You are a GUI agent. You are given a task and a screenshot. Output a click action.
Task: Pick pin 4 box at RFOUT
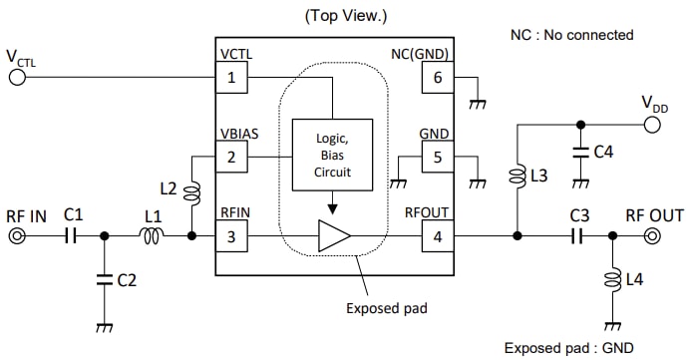pos(436,236)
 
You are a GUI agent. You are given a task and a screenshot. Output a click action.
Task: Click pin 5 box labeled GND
pos(436,157)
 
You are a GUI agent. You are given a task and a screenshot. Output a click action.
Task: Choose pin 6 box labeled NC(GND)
pos(436,77)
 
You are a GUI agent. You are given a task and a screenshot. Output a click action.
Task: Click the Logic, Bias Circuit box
pos(333,155)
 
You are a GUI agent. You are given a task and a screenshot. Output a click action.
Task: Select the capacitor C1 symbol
pos(70,236)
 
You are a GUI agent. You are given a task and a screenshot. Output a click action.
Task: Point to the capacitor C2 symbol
pos(104,280)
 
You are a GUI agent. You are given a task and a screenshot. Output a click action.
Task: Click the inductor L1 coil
pos(153,236)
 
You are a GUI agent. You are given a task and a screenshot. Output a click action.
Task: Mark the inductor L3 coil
pos(516,178)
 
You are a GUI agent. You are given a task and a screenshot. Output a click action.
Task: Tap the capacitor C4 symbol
pos(579,153)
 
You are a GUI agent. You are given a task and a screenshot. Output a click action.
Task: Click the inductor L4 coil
pos(612,283)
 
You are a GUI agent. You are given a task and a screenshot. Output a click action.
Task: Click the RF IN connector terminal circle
pos(17,236)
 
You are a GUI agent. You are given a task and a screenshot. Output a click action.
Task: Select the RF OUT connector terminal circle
pos(652,236)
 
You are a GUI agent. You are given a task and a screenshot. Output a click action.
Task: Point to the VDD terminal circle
pos(652,125)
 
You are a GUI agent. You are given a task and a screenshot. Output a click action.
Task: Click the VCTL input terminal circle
pos(17,77)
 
